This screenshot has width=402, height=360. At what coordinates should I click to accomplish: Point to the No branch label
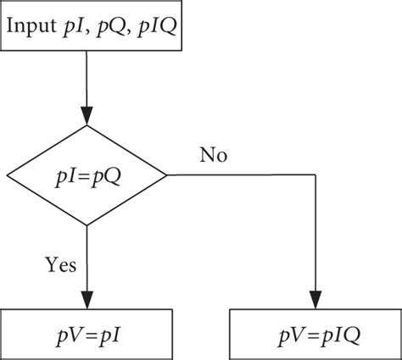(x=213, y=155)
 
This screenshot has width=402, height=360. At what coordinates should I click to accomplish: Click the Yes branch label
(x=60, y=265)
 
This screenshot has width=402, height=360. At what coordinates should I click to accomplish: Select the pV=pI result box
(x=87, y=335)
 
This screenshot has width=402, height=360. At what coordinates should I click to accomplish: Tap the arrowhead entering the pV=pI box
(x=87, y=301)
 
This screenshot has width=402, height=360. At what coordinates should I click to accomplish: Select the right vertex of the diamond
(x=167, y=176)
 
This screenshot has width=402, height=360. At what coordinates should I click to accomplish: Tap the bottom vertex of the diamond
(x=87, y=224)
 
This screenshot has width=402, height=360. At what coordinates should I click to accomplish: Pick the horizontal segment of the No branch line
(x=242, y=176)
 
